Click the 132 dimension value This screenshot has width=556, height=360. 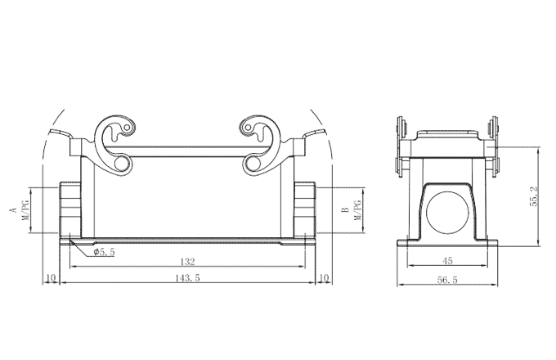pos(188,262)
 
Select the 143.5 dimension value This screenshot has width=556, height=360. pos(186,278)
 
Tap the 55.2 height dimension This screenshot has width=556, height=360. pos(532,196)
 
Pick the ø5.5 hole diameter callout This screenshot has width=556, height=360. pos(104,252)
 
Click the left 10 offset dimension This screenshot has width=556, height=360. pos(51,278)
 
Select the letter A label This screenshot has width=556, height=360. pos(13,210)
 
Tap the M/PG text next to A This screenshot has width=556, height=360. pos(26,210)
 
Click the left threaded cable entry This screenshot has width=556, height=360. pos(70,209)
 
